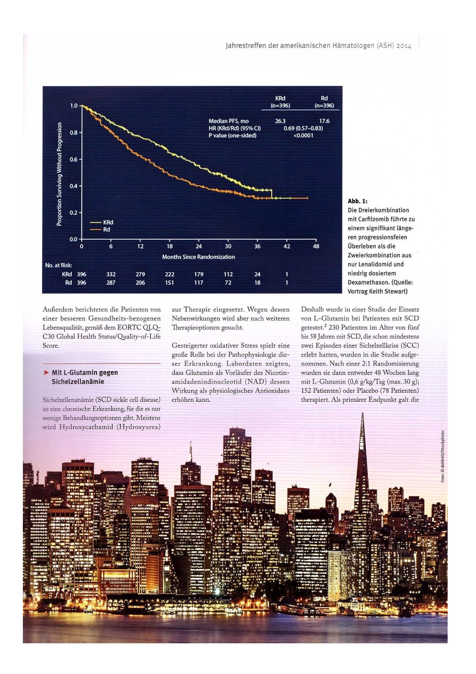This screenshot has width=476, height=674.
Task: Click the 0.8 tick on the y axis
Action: pos(73,132)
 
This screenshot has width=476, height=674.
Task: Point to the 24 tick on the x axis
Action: pos(199,247)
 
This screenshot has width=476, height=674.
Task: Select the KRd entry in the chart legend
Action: pos(108,222)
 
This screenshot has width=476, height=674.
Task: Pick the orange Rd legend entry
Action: pos(106,230)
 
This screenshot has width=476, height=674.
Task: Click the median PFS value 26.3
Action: pos(280,121)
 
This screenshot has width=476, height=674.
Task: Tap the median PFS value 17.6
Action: pos(324,121)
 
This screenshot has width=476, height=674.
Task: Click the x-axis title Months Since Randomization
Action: pos(199,257)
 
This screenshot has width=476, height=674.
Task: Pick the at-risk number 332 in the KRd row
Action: pos(111,274)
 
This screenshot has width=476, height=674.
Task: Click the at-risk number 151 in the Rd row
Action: pos(169,283)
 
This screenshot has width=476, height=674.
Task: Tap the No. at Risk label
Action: pos(59,266)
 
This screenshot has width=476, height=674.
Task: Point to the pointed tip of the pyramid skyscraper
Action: pos(362,414)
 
